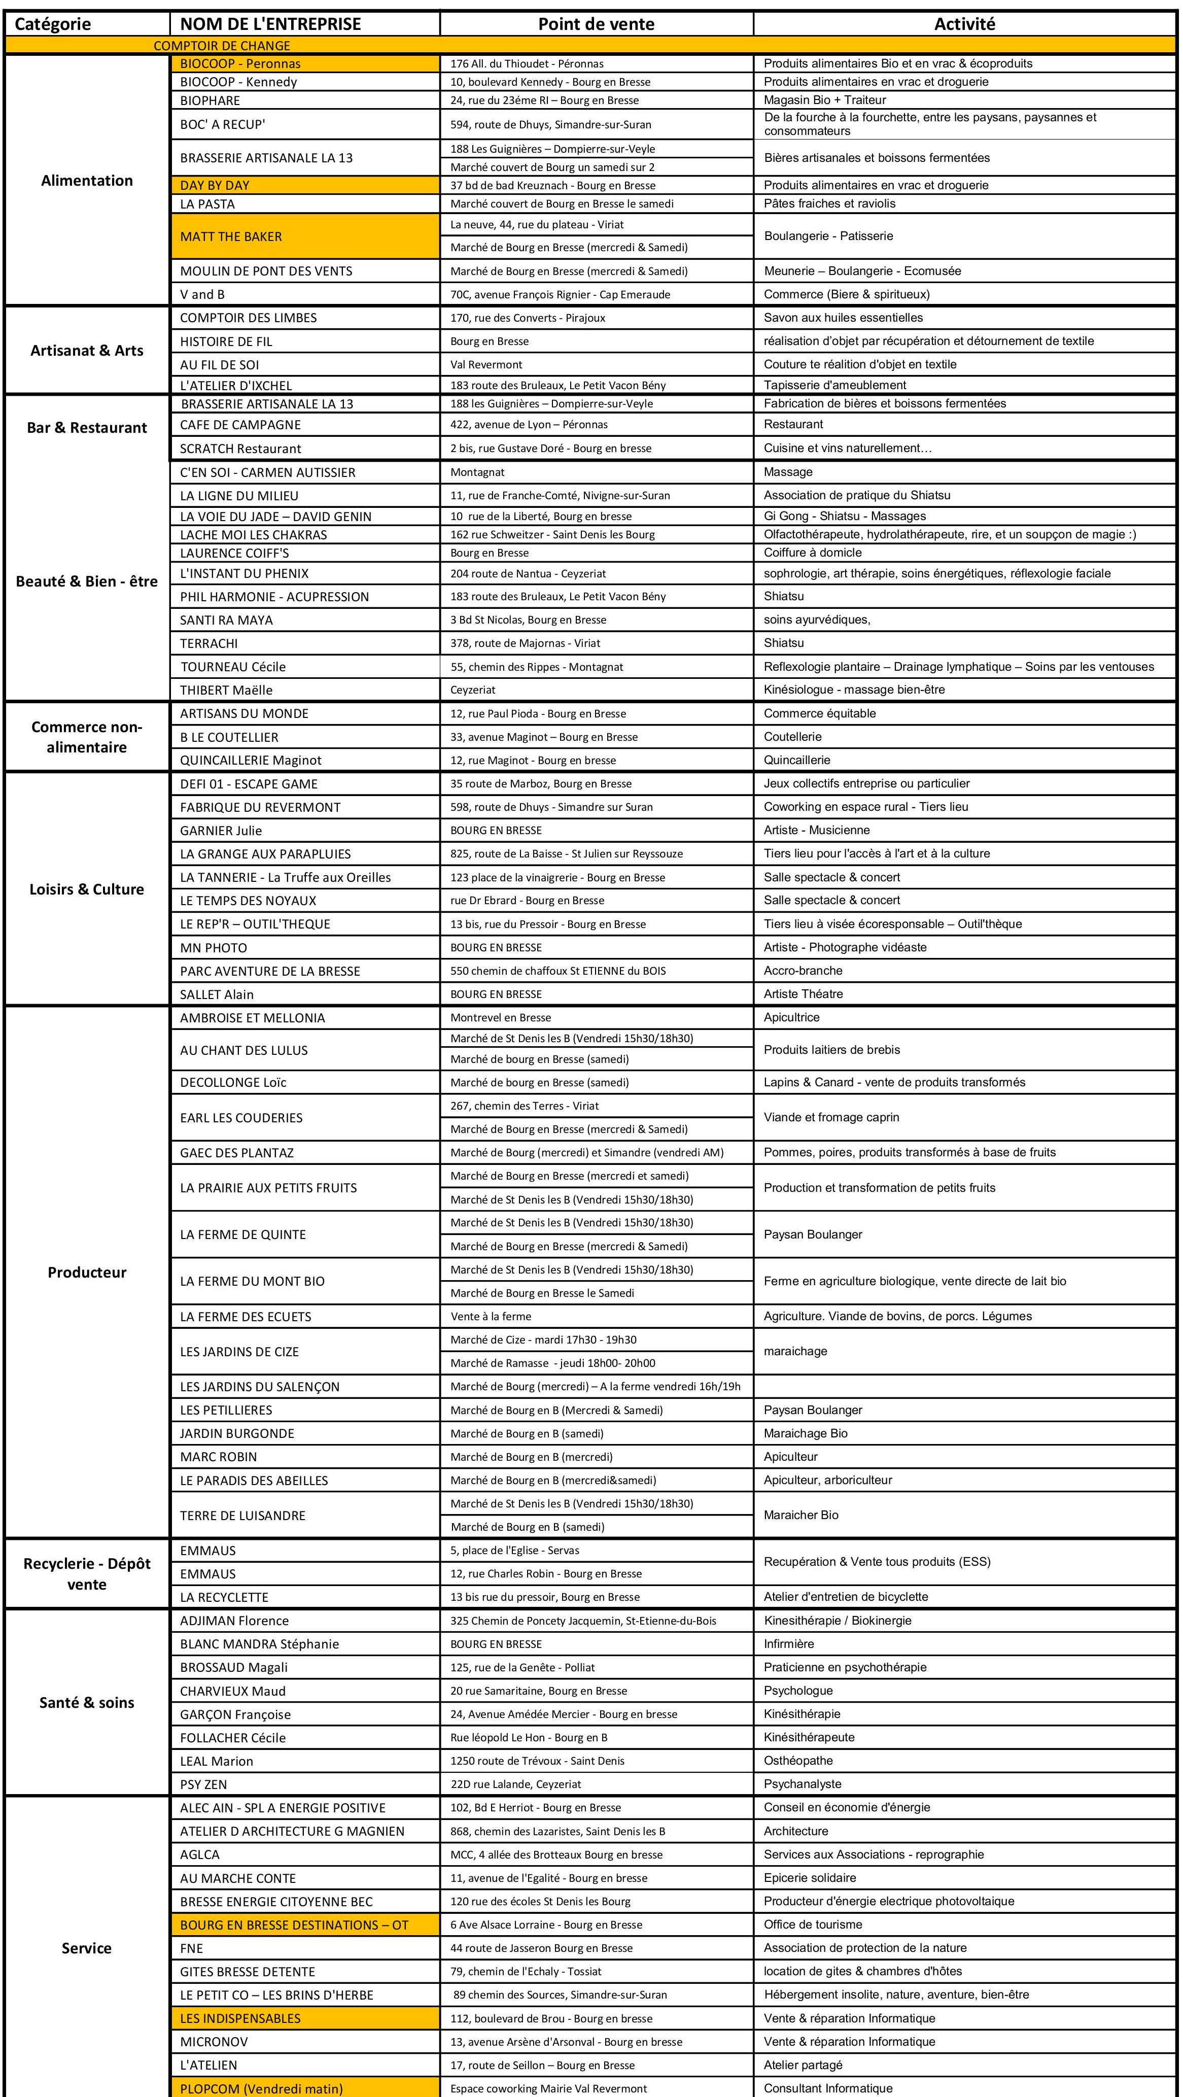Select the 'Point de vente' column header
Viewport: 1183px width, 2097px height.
pos(596,24)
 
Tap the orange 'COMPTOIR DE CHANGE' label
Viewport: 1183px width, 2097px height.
pos(222,46)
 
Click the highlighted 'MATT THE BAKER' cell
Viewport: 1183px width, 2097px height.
pos(231,236)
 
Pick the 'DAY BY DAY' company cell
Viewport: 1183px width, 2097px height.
pos(215,185)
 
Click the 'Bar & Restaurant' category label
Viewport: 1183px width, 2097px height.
pos(86,427)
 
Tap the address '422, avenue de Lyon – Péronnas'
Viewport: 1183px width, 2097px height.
pos(529,424)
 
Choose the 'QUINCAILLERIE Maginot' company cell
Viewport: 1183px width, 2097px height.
pos(251,761)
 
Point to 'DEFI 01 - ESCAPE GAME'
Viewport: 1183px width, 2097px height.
pos(249,784)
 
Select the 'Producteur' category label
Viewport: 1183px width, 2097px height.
pos(86,1273)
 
